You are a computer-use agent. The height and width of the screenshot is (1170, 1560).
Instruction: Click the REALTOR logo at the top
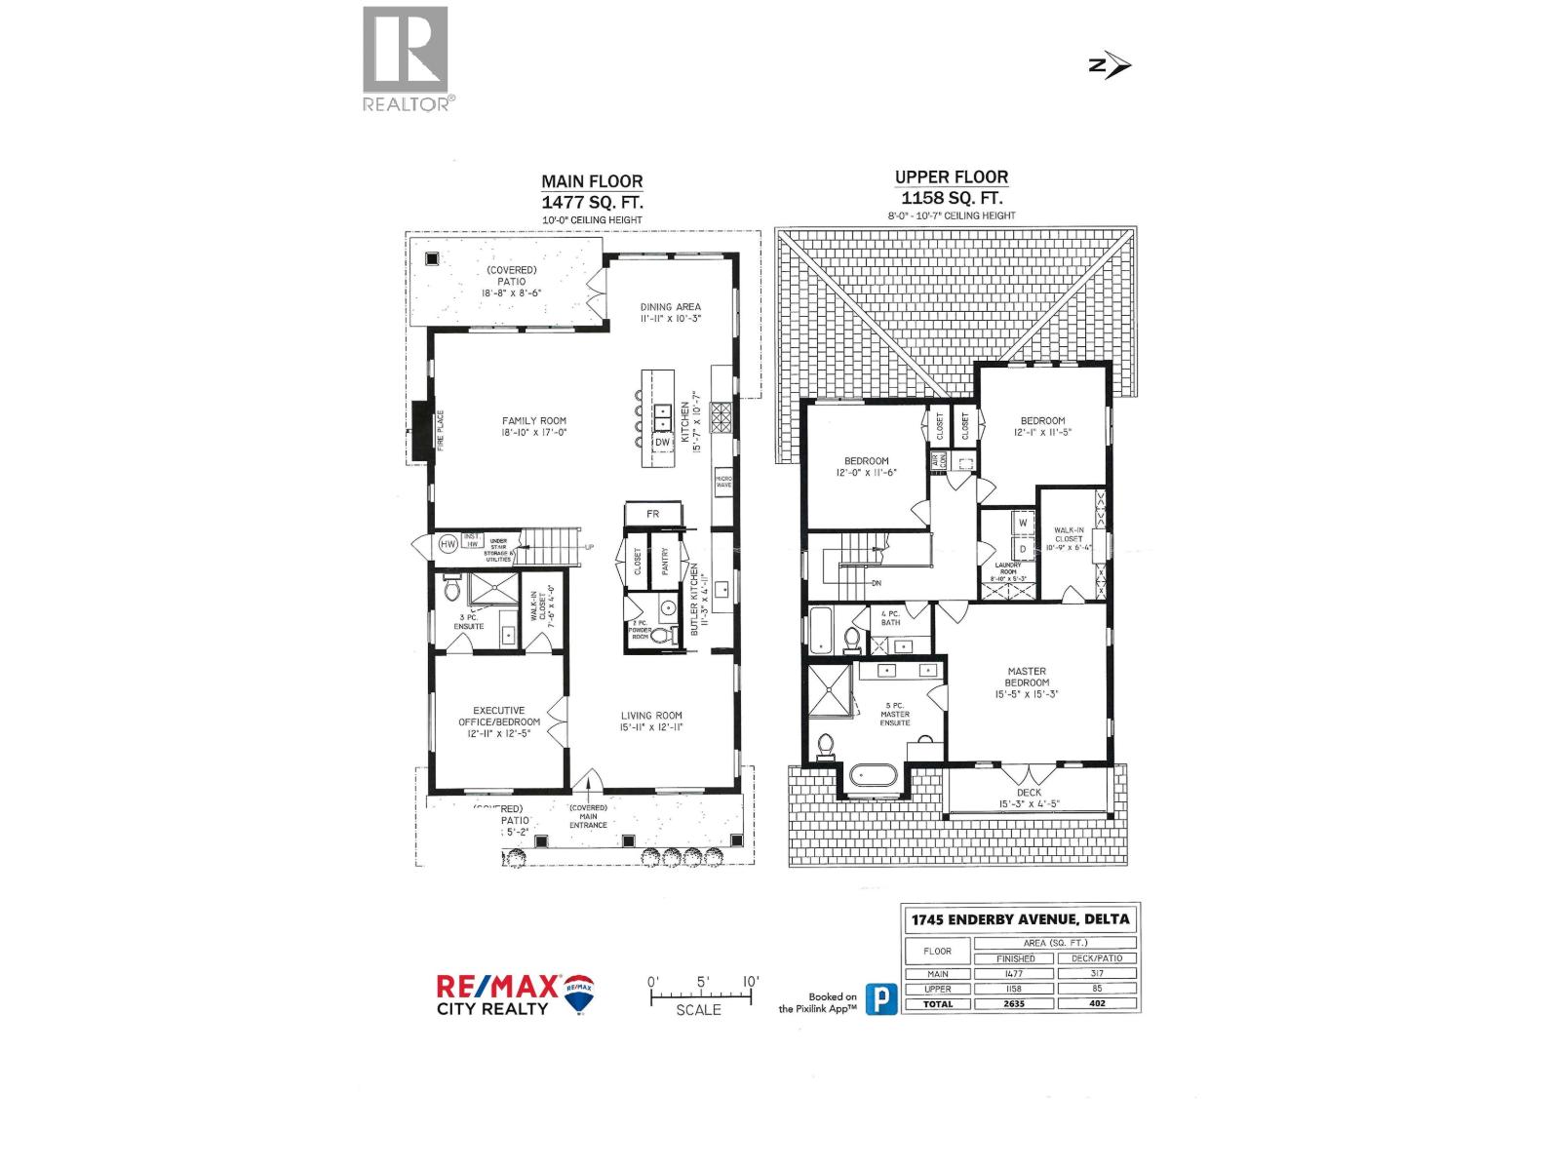[406, 58]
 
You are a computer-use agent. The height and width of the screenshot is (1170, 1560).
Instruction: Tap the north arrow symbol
[1109, 65]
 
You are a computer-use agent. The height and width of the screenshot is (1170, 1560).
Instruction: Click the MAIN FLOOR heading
[592, 181]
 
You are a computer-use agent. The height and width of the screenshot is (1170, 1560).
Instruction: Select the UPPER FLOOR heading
[951, 177]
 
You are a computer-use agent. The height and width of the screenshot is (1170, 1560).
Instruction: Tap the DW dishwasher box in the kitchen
[662, 443]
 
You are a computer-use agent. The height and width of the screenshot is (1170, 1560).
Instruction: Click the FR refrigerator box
[652, 514]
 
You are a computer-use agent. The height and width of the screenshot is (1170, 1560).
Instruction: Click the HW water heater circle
[448, 544]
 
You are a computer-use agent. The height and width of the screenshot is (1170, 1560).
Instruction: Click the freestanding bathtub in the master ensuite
[871, 777]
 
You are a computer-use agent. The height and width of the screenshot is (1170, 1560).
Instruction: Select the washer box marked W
[1023, 523]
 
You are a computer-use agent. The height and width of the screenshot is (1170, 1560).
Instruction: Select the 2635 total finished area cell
[1015, 1003]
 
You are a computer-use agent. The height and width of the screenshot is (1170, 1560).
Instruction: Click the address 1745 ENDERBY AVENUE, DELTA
[1020, 919]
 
